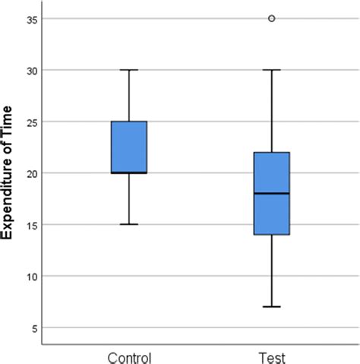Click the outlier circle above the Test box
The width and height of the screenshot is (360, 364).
click(272, 18)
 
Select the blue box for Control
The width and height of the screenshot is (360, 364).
click(129, 147)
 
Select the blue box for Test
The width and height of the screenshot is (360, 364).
click(272, 193)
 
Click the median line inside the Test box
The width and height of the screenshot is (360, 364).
click(272, 194)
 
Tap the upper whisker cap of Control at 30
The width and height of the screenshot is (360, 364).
click(129, 70)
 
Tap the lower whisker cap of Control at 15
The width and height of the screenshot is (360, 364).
click(129, 224)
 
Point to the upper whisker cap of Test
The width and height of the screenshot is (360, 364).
click(272, 70)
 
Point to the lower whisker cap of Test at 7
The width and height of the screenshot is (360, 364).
click(272, 307)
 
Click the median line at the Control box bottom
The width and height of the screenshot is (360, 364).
click(129, 173)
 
